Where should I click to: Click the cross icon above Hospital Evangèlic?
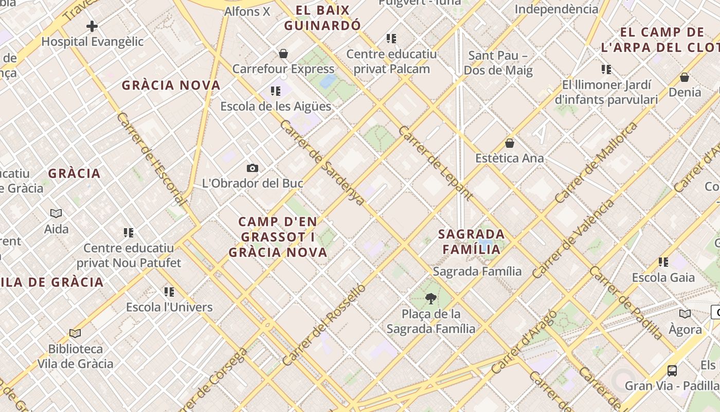pos(92,26)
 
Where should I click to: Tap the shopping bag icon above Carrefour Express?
pos(283,54)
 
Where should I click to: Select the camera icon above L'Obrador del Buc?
pos(252,168)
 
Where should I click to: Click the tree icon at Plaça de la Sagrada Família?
pos(431,298)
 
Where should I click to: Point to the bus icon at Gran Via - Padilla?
pos(672,370)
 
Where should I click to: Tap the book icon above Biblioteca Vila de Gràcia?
pos(75,334)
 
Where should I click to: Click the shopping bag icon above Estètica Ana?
pos(510,143)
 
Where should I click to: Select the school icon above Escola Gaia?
pos(663,262)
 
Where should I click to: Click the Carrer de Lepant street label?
pos(435,163)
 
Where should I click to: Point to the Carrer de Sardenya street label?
pos(322,163)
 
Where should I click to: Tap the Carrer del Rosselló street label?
pos(325,324)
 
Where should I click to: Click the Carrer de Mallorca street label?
pos(596,163)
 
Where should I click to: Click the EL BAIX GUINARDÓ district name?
pos(323,18)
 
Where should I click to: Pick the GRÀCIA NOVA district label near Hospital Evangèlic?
pos(171,85)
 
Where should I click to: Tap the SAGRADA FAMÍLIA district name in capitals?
pos(469,242)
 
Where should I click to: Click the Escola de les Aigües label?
pos(276,107)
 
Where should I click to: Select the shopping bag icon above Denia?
pos(684,77)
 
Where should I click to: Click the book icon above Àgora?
pos(685,314)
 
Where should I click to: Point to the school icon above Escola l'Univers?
pos(169,292)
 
